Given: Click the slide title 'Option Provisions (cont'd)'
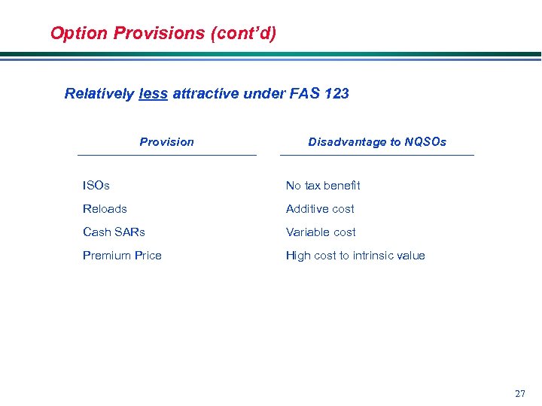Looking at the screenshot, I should [163, 33].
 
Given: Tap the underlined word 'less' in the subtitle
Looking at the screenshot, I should [153, 94].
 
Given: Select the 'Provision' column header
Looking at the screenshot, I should [166, 142].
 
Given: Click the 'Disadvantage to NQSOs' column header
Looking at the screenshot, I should [376, 142].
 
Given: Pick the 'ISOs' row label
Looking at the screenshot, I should [96, 185].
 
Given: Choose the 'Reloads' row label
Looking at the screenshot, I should [105, 208].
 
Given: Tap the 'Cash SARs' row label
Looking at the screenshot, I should [114, 232].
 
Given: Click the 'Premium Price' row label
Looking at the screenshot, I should [122, 256].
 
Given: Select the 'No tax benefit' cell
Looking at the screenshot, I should [323, 185].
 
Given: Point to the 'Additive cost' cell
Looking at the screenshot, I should [320, 208].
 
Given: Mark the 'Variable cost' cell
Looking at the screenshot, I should [321, 232].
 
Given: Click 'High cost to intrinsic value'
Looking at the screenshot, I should [355, 256].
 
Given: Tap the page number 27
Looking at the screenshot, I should [519, 394].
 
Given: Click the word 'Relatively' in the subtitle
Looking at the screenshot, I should [99, 94].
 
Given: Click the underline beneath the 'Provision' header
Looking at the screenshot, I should [166, 155].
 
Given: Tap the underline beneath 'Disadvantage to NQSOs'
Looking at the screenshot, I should [376, 155].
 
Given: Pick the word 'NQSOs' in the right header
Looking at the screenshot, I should [425, 142].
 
